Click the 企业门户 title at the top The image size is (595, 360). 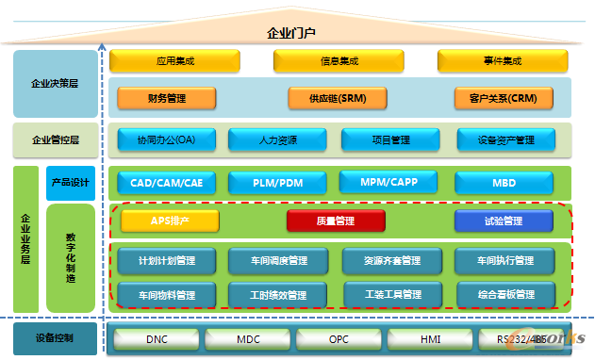[297, 33]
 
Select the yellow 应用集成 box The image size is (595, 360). [174, 62]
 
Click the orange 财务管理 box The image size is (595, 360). [167, 97]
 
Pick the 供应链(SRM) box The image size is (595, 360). [338, 97]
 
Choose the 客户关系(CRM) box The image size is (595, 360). [496, 97]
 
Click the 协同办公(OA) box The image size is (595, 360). [165, 140]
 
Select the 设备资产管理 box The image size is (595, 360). [504, 140]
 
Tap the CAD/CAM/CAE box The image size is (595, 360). [166, 183]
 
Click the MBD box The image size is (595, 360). [504, 183]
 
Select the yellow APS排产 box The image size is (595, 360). [170, 221]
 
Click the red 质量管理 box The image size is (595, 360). [337, 221]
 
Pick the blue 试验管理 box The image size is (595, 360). [503, 221]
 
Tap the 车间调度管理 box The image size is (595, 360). [278, 260]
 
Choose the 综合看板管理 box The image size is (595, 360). [504, 295]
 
